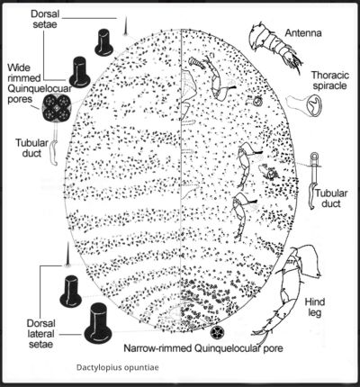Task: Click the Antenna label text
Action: [x=303, y=32]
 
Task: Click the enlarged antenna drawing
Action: [x=273, y=47]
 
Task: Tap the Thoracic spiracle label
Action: [x=330, y=80]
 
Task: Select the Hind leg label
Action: [x=315, y=307]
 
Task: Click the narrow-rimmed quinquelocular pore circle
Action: [x=217, y=332]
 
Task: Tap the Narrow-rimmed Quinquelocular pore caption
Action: [x=203, y=348]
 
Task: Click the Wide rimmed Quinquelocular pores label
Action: [x=40, y=84]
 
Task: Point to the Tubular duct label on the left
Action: [x=31, y=148]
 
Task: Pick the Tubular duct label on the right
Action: [x=331, y=198]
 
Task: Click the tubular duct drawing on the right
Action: [x=314, y=180]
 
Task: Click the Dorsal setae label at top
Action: [x=45, y=19]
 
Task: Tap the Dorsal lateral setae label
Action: [x=40, y=334]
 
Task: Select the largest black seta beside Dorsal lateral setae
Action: [x=98, y=323]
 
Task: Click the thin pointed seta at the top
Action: [x=125, y=26]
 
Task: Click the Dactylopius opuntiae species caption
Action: [x=117, y=367]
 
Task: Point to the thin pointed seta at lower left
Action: [x=67, y=255]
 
